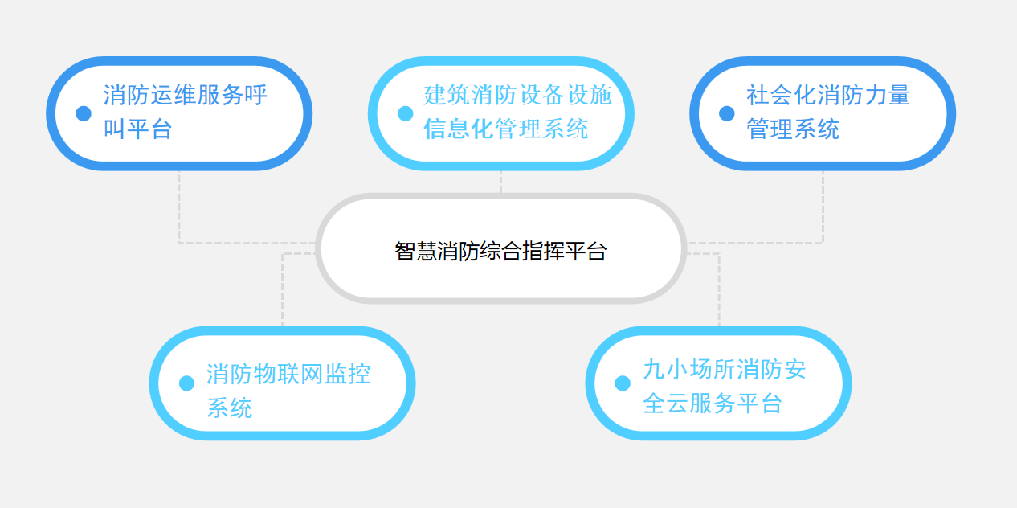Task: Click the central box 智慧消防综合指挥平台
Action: pyautogui.click(x=500, y=248)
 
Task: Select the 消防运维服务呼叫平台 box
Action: pyautogui.click(x=179, y=113)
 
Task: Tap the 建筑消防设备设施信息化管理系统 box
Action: pyautogui.click(x=500, y=113)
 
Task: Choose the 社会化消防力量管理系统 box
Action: pyautogui.click(x=823, y=113)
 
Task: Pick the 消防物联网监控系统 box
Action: pyautogui.click(x=282, y=383)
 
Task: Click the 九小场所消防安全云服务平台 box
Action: pyautogui.click(x=718, y=383)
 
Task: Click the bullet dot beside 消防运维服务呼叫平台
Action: pyautogui.click(x=84, y=113)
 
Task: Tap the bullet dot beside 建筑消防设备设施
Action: pyautogui.click(x=406, y=113)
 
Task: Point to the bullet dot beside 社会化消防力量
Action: pyautogui.click(x=727, y=113)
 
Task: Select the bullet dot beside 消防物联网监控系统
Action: pyautogui.click(x=186, y=383)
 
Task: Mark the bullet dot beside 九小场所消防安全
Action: pyautogui.click(x=623, y=383)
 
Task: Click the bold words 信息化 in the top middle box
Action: pyautogui.click(x=459, y=129)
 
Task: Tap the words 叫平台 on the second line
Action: pyautogui.click(x=137, y=129)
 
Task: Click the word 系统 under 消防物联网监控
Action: pyautogui.click(x=229, y=408)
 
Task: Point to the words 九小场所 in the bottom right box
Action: pyautogui.click(x=688, y=369)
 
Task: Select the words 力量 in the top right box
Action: pyautogui.click(x=887, y=95)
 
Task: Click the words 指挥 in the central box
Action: pyautogui.click(x=543, y=251)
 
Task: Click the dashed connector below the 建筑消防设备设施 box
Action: pyautogui.click(x=500, y=182)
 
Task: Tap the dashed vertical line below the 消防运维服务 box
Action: pyautogui.click(x=179, y=207)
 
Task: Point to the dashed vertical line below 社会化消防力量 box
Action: pyautogui.click(x=823, y=207)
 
